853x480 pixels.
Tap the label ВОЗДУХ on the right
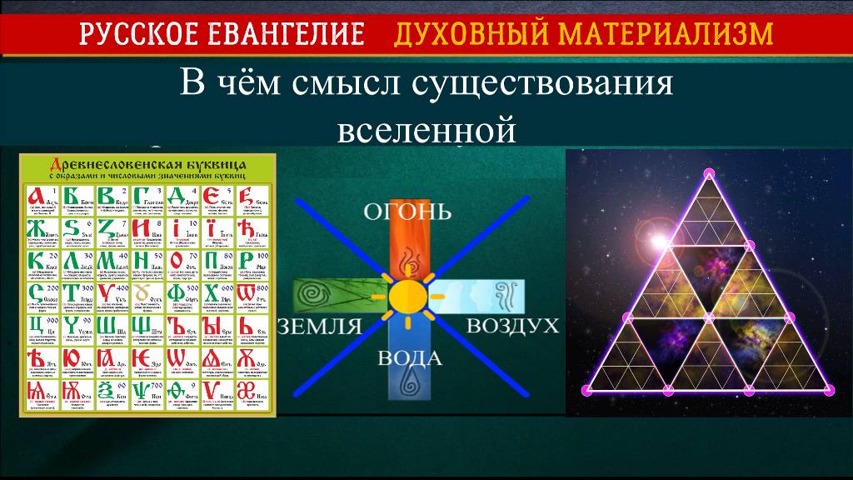click(511, 325)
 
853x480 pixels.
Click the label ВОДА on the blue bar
click(409, 361)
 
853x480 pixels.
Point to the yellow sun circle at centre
click(407, 296)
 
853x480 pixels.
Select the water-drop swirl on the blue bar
click(407, 385)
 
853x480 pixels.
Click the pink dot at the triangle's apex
click(709, 173)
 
